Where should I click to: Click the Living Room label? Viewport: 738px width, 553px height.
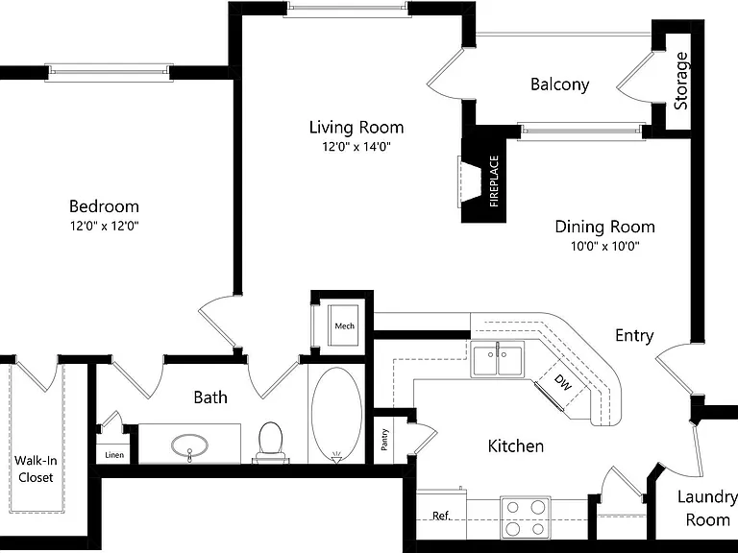(x=357, y=127)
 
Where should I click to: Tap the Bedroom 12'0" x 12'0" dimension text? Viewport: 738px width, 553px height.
(x=105, y=227)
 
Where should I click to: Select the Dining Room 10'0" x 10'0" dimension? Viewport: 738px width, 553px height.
(x=605, y=246)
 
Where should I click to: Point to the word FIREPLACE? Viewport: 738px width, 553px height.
(x=494, y=181)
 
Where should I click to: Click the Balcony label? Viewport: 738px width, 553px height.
(x=559, y=84)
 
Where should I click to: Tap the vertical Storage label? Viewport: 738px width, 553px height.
(x=681, y=81)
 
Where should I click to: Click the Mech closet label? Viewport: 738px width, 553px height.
(x=345, y=325)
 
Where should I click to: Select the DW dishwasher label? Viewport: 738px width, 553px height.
(x=562, y=382)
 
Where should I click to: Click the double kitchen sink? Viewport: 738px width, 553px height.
(x=498, y=359)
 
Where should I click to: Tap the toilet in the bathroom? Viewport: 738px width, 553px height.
(x=270, y=442)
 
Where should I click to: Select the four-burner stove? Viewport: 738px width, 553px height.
(x=526, y=517)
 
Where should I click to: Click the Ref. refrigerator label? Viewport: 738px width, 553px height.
(x=441, y=516)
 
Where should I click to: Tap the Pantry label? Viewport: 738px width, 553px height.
(x=384, y=440)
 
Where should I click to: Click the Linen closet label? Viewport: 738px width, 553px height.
(x=114, y=455)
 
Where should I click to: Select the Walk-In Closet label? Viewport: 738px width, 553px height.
(x=36, y=469)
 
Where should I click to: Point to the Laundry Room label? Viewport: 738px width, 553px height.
(x=707, y=508)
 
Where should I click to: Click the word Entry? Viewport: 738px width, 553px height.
(x=634, y=336)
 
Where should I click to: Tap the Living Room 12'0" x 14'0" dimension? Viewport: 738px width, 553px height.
(x=357, y=147)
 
